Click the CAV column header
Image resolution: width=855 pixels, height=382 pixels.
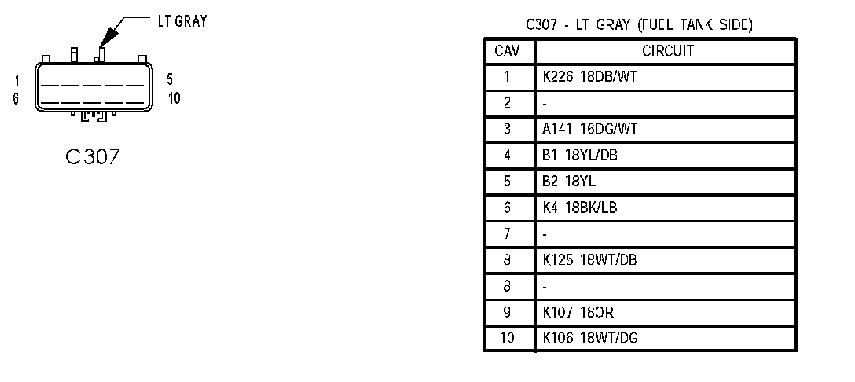(507, 51)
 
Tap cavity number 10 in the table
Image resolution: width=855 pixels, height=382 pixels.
(507, 339)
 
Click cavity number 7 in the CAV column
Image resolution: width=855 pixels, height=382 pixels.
(507, 234)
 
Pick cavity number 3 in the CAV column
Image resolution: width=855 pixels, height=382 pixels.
(507, 129)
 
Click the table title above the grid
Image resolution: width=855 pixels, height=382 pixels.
(640, 25)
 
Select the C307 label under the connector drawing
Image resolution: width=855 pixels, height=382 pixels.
(93, 157)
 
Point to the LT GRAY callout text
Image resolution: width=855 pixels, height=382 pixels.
(182, 21)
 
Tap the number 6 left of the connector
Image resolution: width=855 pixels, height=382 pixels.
(16, 99)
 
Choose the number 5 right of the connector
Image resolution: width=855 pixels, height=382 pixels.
(169, 79)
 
